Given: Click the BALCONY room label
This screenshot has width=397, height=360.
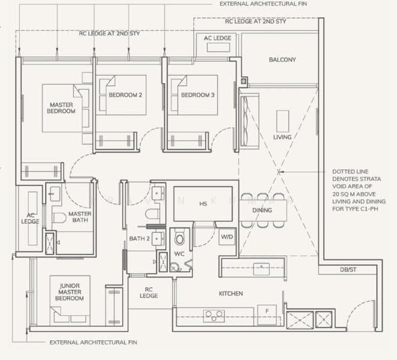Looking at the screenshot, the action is [282, 60].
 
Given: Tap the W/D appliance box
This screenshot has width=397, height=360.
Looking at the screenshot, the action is [227, 237].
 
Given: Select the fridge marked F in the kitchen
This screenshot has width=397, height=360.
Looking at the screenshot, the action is [267, 314].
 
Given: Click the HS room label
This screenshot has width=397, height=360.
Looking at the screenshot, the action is [203, 203].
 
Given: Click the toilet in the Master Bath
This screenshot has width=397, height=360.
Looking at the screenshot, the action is [59, 218].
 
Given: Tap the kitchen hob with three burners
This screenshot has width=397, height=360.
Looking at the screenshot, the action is [214, 316].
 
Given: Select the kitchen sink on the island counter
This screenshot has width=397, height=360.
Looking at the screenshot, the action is [261, 269].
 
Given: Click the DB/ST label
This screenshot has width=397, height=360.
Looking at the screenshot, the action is [348, 270].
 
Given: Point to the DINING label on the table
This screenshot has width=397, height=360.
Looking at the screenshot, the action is [262, 210].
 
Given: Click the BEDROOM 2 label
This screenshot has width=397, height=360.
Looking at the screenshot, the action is [125, 95].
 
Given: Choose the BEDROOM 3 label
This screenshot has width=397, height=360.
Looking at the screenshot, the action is [198, 95].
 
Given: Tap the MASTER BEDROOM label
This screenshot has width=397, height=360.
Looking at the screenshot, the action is [61, 108].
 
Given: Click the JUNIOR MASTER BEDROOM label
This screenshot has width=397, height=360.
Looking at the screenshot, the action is [70, 292].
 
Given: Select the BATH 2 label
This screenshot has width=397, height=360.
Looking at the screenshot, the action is [139, 239].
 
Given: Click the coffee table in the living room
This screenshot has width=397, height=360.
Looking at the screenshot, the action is [282, 121].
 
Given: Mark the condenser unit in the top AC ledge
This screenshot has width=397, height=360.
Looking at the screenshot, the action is [218, 47].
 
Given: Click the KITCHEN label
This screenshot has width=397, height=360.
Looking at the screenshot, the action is [231, 293].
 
